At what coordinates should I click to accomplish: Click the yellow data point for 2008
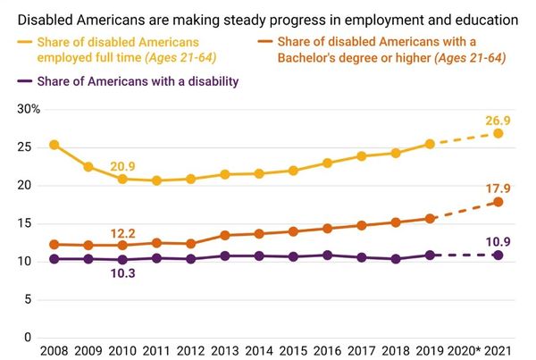click(54, 145)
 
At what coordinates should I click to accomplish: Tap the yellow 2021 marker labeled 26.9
click(498, 133)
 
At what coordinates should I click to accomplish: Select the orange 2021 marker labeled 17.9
click(498, 202)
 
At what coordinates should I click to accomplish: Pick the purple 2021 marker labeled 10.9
click(498, 255)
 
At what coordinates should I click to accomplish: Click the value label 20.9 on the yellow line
click(122, 165)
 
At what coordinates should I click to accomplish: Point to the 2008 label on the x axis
click(54, 352)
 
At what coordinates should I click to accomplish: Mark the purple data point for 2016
click(326, 255)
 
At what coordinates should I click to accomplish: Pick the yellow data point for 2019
click(429, 144)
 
